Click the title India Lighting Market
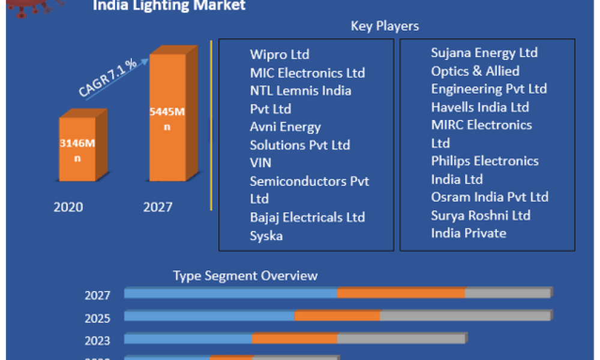pyautogui.click(x=170, y=6)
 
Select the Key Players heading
pyautogui.click(x=385, y=26)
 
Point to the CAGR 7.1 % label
pyautogui.click(x=107, y=78)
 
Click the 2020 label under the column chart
pyautogui.click(x=68, y=208)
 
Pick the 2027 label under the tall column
pyautogui.click(x=158, y=208)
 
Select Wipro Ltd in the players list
pyautogui.click(x=280, y=55)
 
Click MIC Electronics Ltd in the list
pyautogui.click(x=307, y=73)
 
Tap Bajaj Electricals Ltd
pyautogui.click(x=307, y=217)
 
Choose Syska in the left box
pyautogui.click(x=266, y=236)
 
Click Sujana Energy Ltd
pyautogui.click(x=484, y=53)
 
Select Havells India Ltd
pyautogui.click(x=480, y=107)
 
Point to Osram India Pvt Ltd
pyautogui.click(x=490, y=197)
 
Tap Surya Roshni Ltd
pyautogui.click(x=481, y=215)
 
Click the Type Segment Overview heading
pyautogui.click(x=245, y=276)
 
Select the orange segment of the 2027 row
pyautogui.click(x=401, y=293)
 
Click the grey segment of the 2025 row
pyautogui.click(x=465, y=316)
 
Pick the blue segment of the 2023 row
pyautogui.click(x=188, y=338)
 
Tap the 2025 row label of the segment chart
pyautogui.click(x=98, y=318)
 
